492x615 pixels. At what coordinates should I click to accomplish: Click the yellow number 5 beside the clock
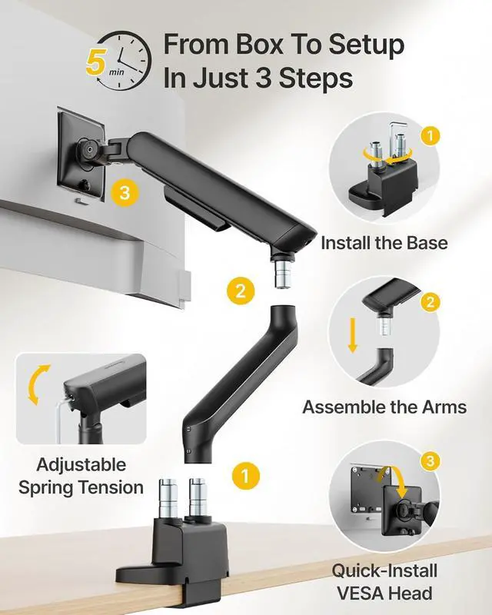(95, 61)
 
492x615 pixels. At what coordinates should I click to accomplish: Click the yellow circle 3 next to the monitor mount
(125, 193)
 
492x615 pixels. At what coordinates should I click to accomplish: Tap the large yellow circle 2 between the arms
(241, 291)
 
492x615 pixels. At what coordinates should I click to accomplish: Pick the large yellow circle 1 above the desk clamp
(245, 475)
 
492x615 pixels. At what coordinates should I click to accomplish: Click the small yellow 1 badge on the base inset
(430, 136)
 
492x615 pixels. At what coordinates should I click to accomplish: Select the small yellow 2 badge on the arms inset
(430, 302)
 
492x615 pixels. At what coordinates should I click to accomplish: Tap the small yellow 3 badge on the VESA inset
(430, 460)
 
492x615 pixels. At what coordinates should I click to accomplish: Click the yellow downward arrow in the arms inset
(353, 335)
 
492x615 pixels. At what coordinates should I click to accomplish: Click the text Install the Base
(384, 243)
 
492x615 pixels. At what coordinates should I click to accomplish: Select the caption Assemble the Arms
(384, 407)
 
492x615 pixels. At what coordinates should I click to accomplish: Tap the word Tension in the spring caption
(111, 487)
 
